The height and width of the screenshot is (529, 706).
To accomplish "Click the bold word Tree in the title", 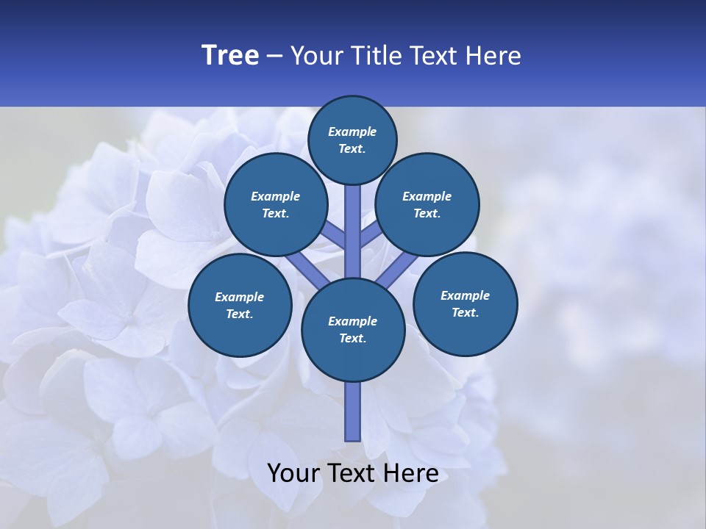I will click(230, 56).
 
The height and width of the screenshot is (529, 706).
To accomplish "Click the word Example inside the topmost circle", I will click(352, 132).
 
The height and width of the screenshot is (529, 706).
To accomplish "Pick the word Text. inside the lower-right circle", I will click(465, 312).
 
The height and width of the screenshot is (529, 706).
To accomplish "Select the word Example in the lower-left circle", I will click(239, 298).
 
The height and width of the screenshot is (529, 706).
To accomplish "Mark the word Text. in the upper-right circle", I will click(427, 213).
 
